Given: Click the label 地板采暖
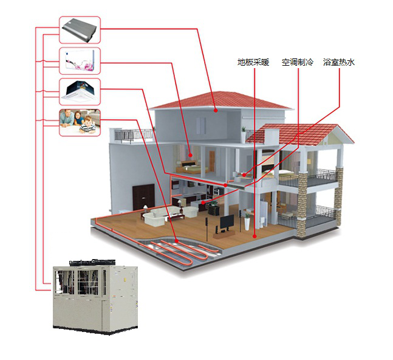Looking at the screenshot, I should tap(253, 62).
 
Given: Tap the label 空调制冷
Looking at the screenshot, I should tap(297, 62).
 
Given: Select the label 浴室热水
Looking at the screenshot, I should tap(339, 62).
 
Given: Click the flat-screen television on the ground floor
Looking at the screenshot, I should tap(226, 222).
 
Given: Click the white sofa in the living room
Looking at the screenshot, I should tap(159, 216).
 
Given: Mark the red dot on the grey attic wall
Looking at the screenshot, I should tap(215, 110).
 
